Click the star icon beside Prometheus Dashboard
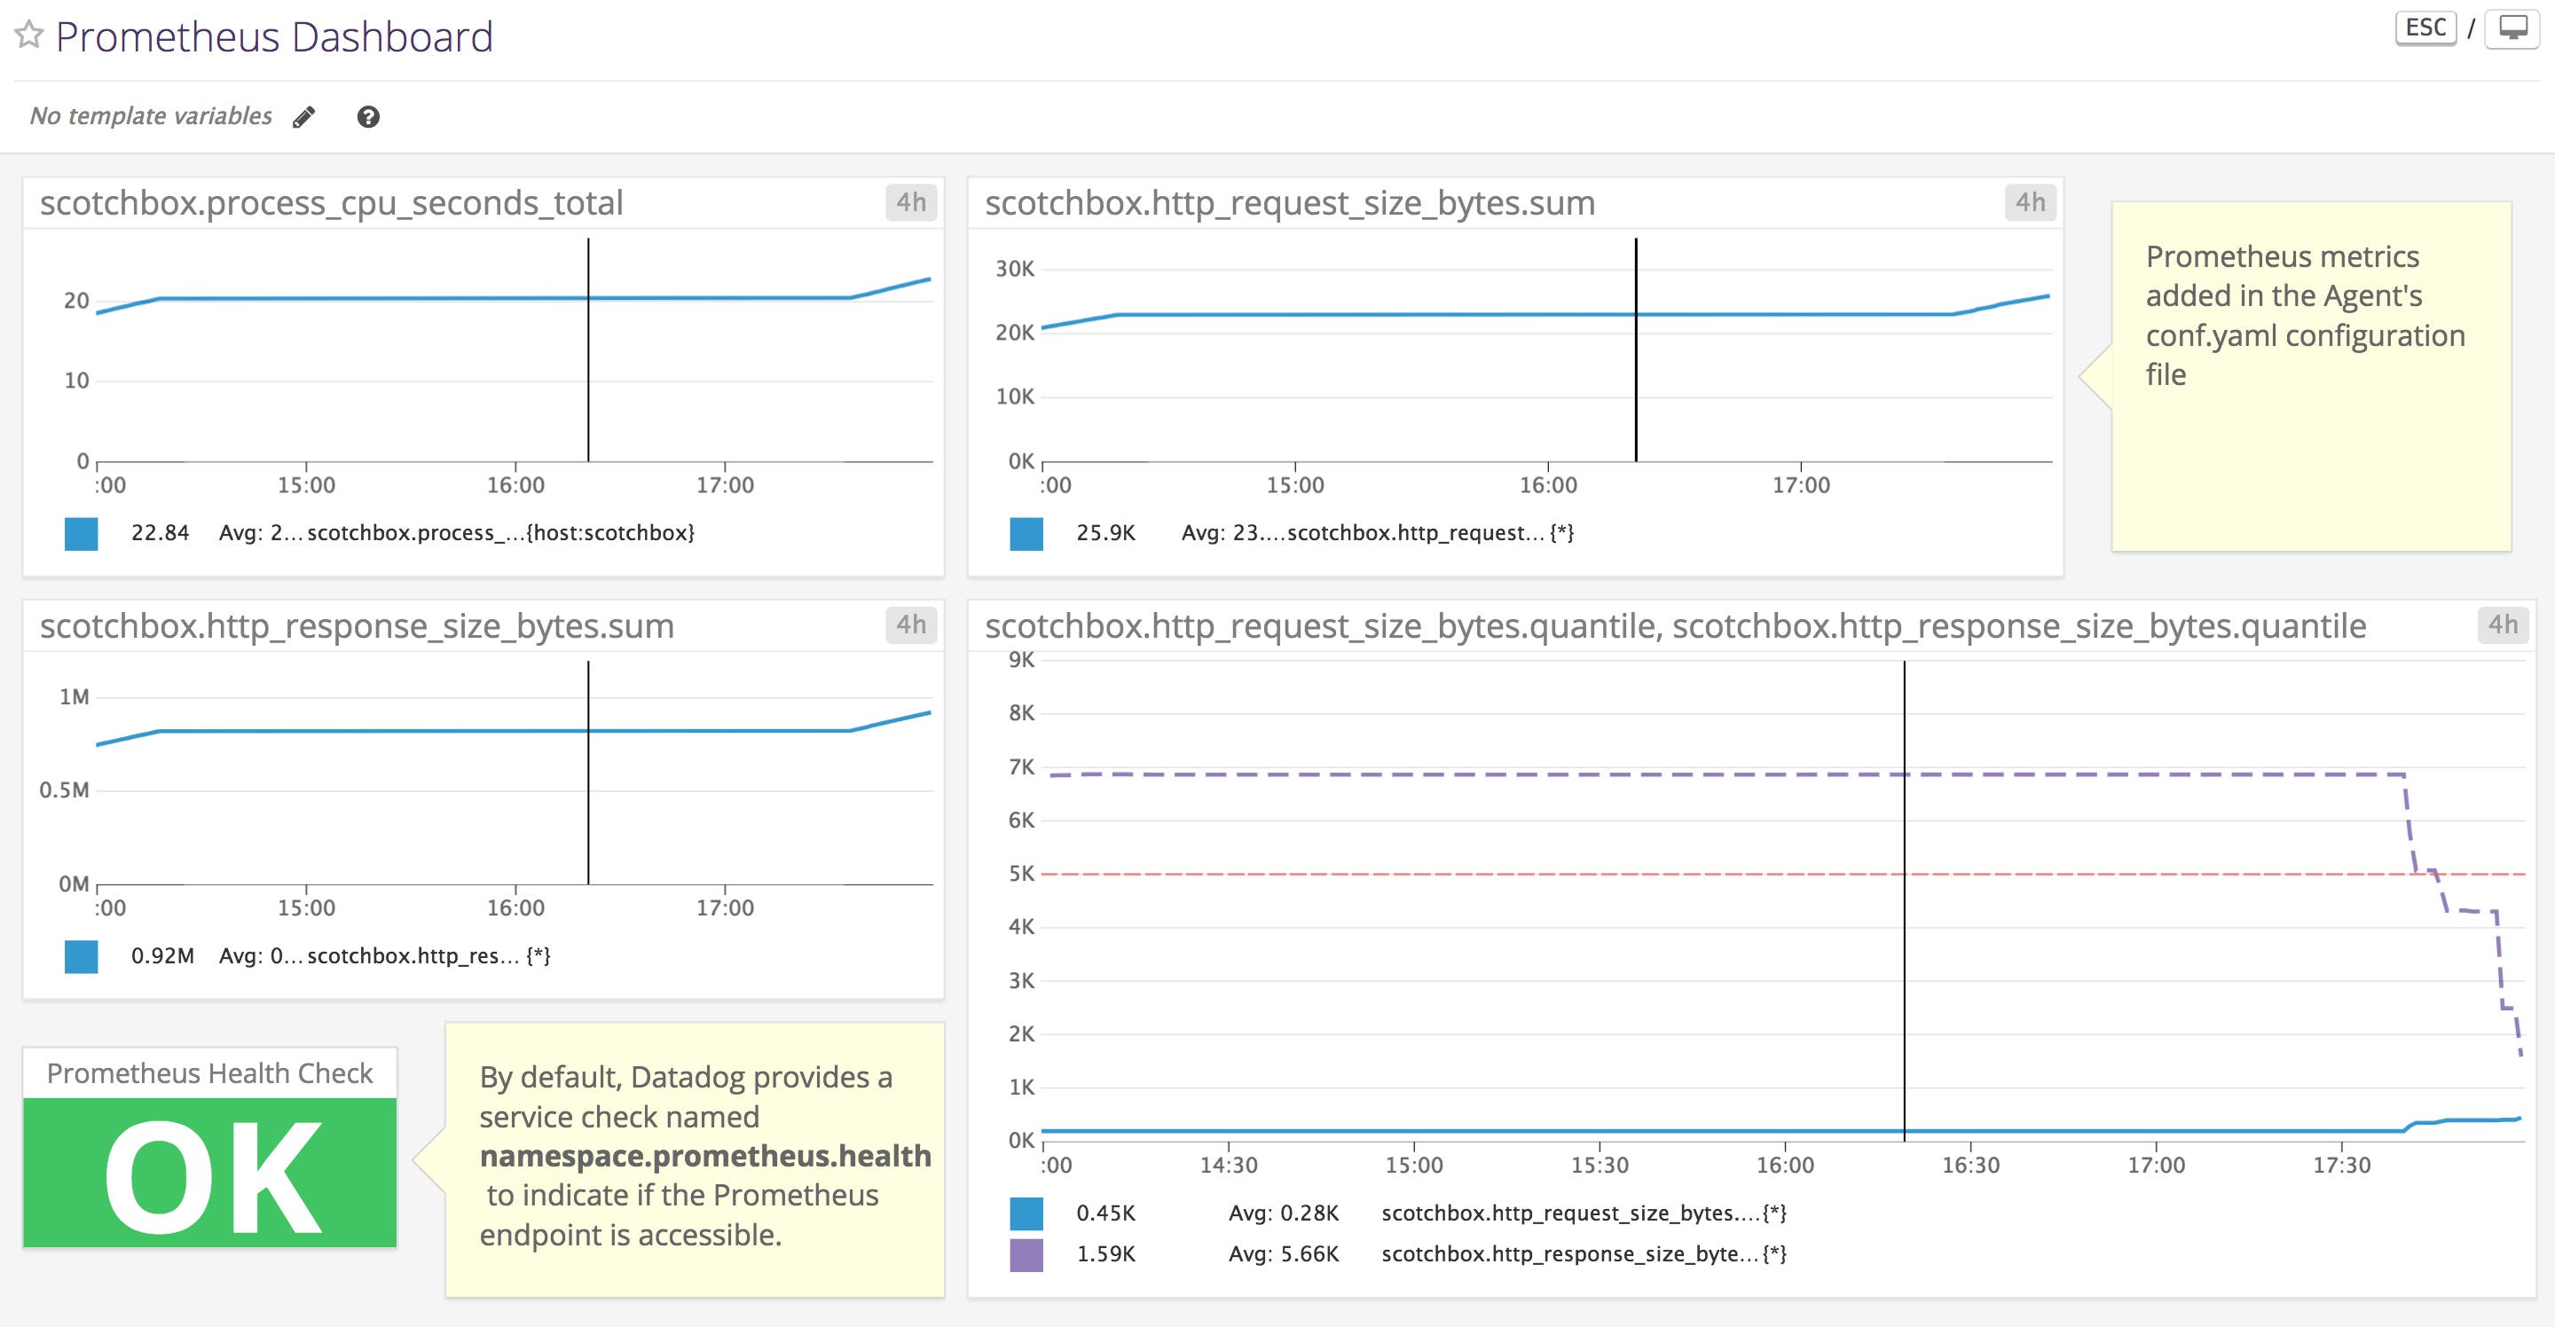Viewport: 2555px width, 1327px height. pos(28,35)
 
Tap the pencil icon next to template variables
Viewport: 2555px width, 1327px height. pos(304,117)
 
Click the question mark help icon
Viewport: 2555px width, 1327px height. pos(368,117)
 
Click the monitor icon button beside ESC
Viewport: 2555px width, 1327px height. pos(2512,27)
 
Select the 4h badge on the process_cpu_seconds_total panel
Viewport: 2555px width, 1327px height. pos(910,202)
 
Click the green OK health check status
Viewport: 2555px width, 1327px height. pos(210,1174)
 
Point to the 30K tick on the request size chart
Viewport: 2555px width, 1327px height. pos(1015,269)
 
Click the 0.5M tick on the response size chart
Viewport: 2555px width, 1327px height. pos(65,790)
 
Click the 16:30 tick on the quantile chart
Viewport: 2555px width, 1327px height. pos(1969,1165)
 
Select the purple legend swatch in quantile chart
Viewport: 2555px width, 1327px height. pos(1026,1254)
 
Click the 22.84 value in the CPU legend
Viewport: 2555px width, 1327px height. pos(160,532)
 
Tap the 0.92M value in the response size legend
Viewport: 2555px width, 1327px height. pos(162,956)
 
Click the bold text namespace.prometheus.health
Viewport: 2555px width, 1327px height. pos(705,1157)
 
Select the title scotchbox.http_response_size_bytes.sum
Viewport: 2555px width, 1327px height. pos(357,626)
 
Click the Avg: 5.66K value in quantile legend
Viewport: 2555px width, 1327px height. pos(1284,1254)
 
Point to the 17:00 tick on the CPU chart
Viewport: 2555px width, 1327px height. pos(725,485)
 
